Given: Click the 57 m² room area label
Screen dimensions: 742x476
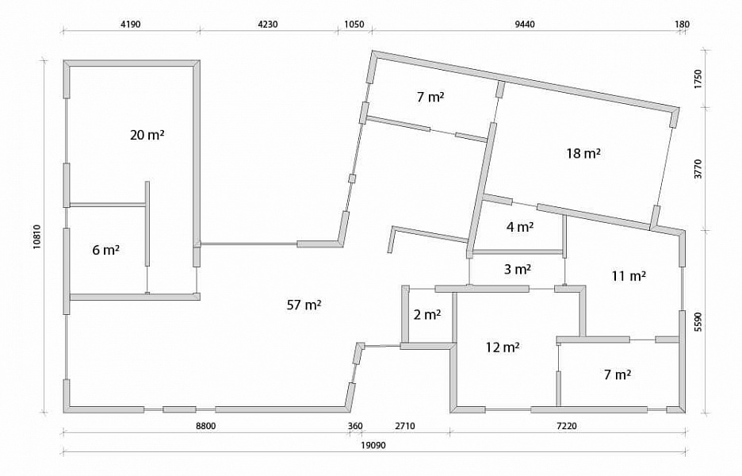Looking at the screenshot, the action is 304,305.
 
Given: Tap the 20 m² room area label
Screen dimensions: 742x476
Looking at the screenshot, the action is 147,135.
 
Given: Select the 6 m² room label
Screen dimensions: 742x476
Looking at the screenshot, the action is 105,250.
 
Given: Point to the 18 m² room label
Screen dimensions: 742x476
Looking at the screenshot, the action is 583,153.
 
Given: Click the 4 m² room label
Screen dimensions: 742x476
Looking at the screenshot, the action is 520,227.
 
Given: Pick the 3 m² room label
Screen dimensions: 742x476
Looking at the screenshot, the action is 517,270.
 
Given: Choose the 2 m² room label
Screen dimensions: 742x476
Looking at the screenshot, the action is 427,314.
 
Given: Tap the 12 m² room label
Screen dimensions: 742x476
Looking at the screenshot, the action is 503,347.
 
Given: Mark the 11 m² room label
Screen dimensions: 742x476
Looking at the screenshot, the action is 629,275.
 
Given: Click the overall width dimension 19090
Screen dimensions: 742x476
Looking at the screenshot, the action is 374,446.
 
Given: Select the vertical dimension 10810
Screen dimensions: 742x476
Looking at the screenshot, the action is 37,237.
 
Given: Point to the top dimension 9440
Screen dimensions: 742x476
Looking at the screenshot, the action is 525,24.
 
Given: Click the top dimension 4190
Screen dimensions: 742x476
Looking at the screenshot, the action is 131,24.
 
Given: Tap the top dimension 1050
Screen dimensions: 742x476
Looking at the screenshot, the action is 354,24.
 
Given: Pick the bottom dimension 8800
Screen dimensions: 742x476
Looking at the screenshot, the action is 206,426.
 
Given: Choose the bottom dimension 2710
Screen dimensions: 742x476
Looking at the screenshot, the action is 404,426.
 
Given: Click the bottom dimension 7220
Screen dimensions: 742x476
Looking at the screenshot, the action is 567,426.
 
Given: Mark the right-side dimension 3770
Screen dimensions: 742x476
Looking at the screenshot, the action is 698,169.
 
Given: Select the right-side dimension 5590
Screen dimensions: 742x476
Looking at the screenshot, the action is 698,322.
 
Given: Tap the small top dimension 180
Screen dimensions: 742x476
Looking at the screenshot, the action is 683,24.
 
